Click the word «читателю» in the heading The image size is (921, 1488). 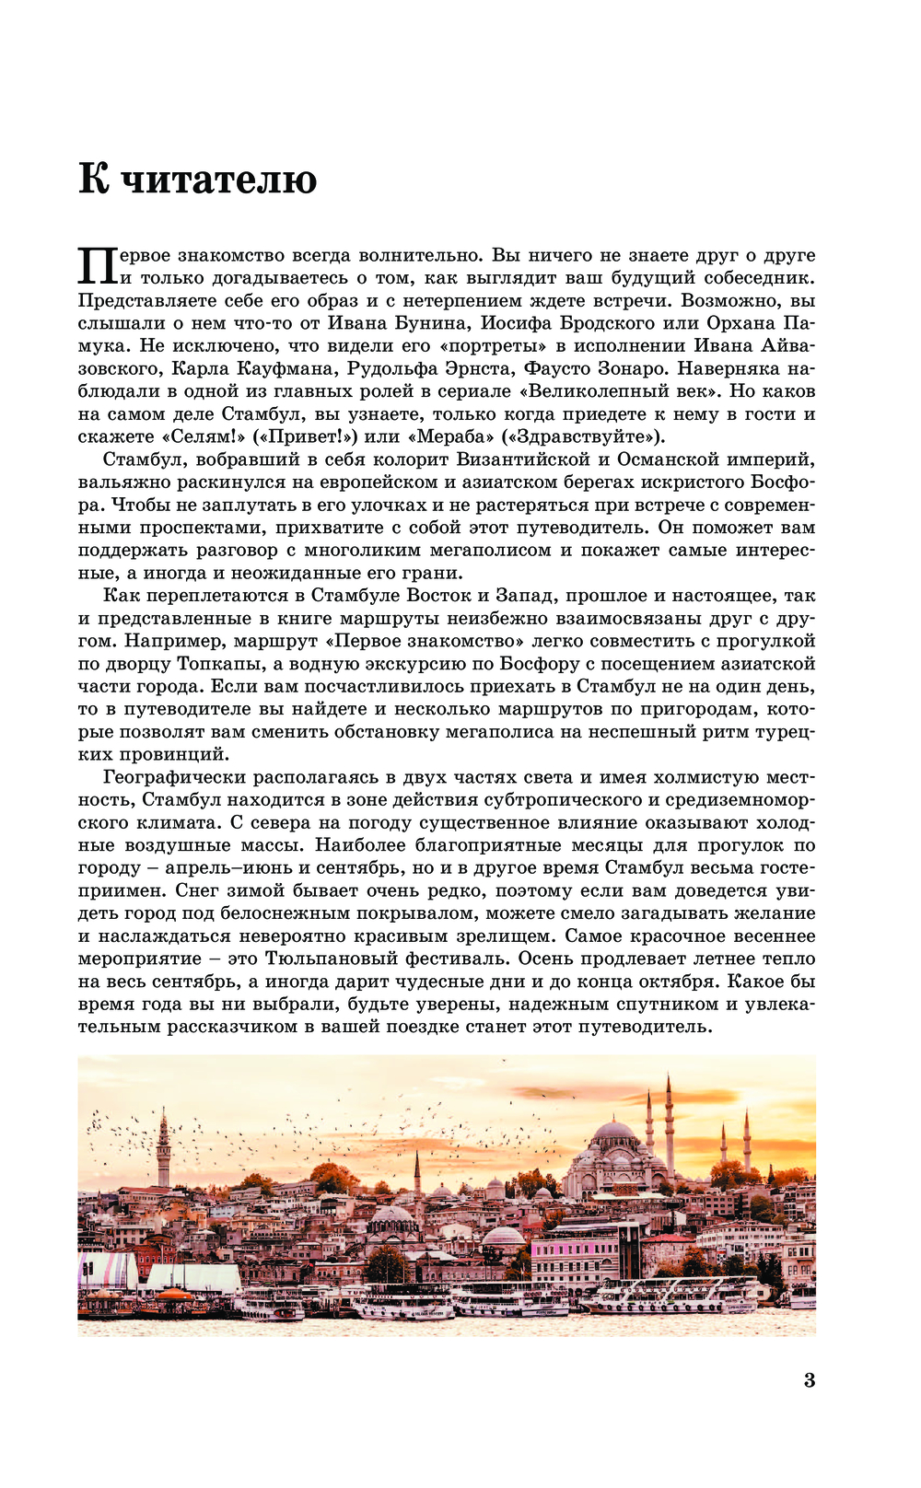pyautogui.click(x=219, y=179)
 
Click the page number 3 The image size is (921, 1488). pyautogui.click(x=810, y=1380)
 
